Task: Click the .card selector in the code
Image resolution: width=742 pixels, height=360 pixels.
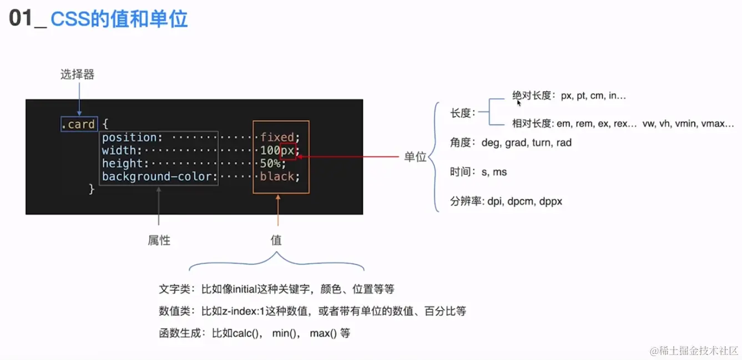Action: click(78, 124)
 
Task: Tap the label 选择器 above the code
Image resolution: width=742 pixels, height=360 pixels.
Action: click(77, 74)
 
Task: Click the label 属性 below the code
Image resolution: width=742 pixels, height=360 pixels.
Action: click(159, 240)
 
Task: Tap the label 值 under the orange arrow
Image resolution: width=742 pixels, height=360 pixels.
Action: click(276, 240)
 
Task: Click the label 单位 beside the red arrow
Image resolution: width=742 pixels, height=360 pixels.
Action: click(415, 157)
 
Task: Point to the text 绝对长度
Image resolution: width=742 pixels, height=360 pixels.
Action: click(531, 95)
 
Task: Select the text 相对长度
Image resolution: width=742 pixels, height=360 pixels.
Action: click(531, 124)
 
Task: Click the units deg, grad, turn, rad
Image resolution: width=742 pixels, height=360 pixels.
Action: click(526, 143)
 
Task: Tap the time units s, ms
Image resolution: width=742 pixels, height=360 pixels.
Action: click(494, 172)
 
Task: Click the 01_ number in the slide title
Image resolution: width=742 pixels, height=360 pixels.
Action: click(26, 19)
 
